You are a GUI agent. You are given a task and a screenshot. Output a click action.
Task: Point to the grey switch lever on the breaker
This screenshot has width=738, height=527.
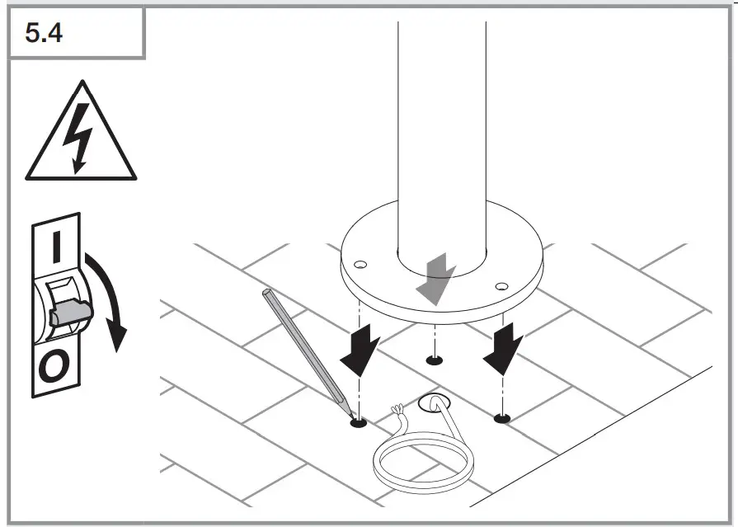71,313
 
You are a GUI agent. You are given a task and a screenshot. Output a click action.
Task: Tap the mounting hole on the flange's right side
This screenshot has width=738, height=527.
501,286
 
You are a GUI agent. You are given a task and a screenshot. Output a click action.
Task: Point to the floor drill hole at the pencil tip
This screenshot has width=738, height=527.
358,423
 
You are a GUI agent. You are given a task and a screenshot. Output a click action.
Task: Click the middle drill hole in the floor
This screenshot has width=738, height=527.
433,360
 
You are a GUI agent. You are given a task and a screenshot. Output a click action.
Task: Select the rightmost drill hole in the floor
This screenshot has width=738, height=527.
501,419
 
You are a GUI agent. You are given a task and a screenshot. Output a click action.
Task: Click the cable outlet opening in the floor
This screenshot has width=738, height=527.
431,403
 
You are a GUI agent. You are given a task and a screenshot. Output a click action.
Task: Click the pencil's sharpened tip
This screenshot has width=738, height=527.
349,414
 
